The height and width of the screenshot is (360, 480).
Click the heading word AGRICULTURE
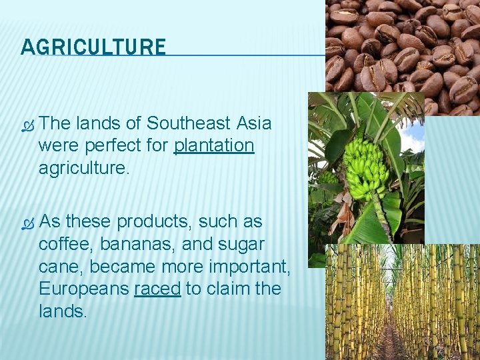(x=93, y=47)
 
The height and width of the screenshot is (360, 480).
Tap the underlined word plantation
(x=214, y=146)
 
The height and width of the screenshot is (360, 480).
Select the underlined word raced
(x=157, y=289)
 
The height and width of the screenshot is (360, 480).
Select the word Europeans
(x=83, y=289)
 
